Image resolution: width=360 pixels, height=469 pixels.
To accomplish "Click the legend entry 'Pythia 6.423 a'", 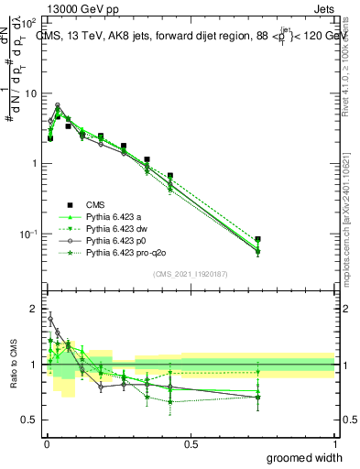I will point(115,216).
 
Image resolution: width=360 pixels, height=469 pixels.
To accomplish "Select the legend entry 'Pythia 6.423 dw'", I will point(117,228).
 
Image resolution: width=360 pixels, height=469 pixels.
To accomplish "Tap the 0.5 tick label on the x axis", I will point(191,443).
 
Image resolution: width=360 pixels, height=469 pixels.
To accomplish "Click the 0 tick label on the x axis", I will point(46,443).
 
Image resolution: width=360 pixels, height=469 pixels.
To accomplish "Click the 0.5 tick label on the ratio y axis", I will point(31,420).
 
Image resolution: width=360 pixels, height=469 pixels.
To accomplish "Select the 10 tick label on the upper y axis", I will point(30,93).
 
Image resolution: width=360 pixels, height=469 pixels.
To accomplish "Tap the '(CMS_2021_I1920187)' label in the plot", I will point(190,274).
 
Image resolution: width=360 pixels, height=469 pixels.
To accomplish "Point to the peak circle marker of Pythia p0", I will point(57,105).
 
